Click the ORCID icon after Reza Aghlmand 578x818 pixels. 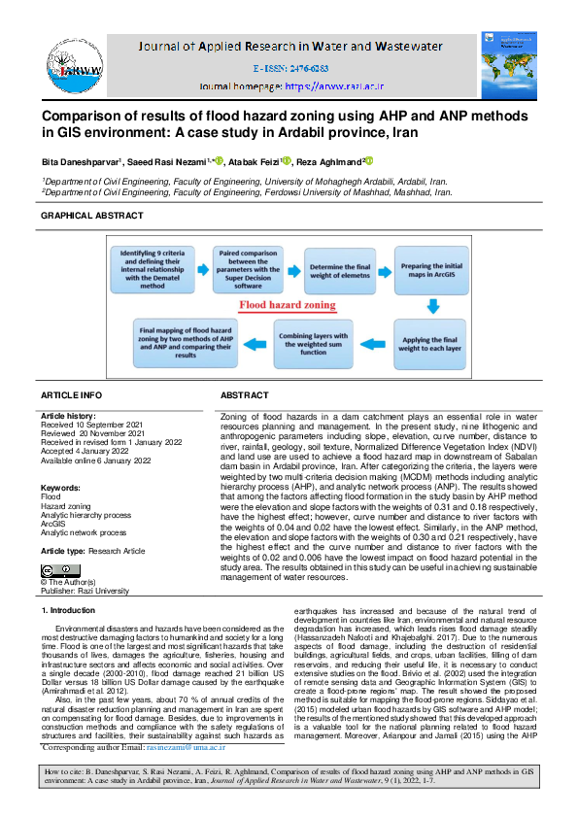369,161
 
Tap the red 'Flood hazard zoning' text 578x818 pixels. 289,304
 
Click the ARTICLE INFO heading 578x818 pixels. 71,396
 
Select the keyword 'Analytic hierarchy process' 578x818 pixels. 85,515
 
